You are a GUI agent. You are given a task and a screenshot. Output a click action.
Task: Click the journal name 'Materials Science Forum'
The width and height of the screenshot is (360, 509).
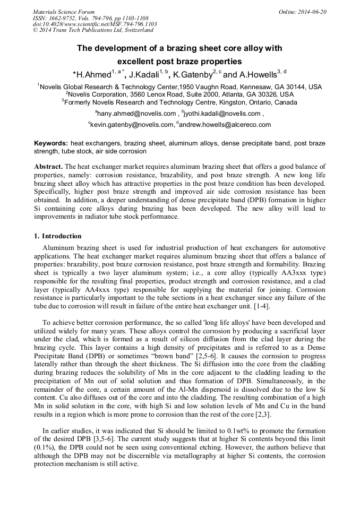[64, 12]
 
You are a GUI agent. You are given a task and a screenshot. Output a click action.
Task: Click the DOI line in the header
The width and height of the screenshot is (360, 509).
[95, 24]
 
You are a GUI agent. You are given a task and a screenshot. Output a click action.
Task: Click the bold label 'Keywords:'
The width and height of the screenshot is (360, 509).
[51, 143]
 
